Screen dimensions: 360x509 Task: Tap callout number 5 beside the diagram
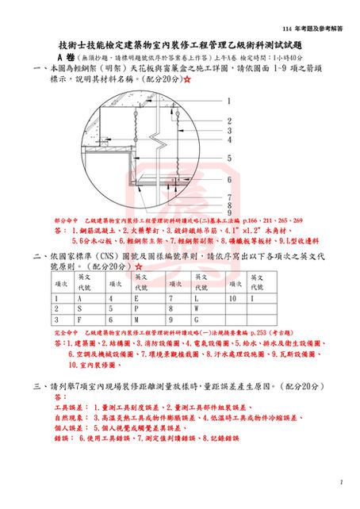click(x=228, y=158)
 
